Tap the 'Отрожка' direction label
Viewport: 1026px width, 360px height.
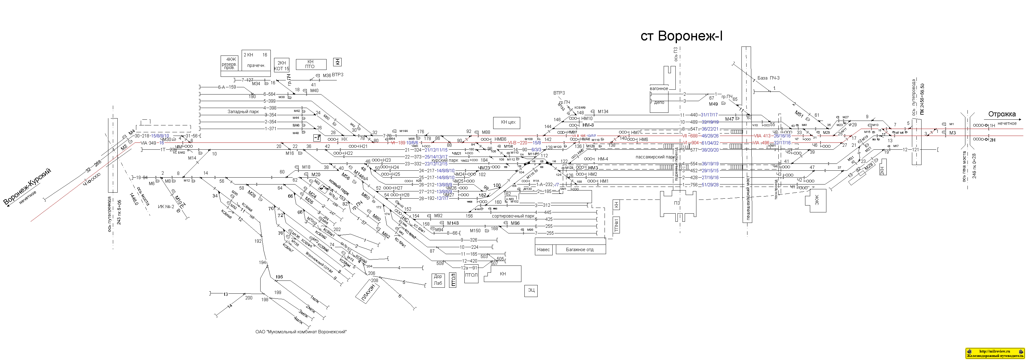[1002, 114]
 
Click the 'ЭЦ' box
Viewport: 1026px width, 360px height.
[531, 291]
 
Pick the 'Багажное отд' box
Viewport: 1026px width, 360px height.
[580, 250]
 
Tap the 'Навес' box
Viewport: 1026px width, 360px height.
[543, 250]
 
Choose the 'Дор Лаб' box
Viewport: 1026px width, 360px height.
[438, 280]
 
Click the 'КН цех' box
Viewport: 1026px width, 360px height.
[508, 123]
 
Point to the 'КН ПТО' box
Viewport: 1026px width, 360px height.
[310, 64]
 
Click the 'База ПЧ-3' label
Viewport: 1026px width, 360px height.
[768, 78]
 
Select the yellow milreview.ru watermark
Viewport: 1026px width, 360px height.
[994, 353]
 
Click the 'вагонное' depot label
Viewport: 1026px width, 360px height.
[659, 89]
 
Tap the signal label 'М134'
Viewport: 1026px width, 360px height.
[603, 112]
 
